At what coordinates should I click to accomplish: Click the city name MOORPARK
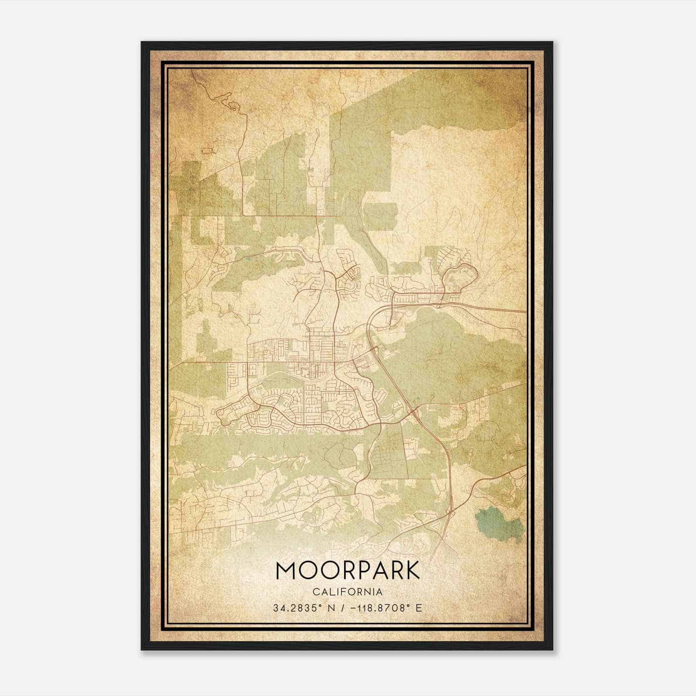[348, 571]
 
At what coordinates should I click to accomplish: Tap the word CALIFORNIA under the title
[348, 592]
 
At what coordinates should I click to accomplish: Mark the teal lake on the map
[499, 523]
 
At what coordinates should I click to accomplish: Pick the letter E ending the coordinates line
[419, 608]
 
